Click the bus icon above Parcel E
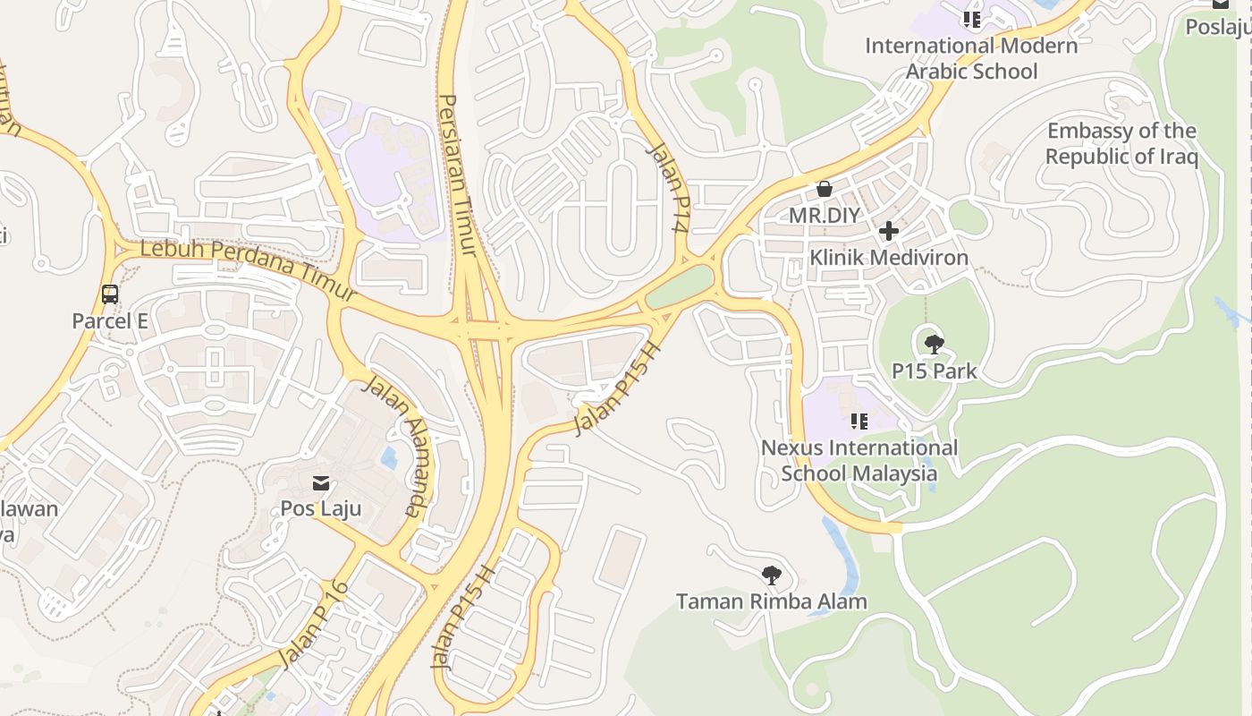[x=110, y=294]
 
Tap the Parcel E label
[x=110, y=320]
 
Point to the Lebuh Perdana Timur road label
[x=249, y=268]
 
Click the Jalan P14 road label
[x=670, y=189]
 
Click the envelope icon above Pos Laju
[x=321, y=484]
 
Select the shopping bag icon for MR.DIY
[x=825, y=189]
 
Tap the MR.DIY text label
[x=824, y=216]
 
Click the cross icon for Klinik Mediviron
[x=888, y=231]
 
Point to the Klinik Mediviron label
[x=888, y=258]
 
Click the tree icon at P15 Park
[x=934, y=344]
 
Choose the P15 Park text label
[x=934, y=371]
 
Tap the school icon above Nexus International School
[x=859, y=421]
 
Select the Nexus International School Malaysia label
[x=859, y=460]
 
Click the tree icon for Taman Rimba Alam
[x=772, y=575]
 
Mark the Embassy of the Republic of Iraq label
[x=1121, y=144]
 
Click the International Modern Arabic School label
[x=971, y=58]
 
